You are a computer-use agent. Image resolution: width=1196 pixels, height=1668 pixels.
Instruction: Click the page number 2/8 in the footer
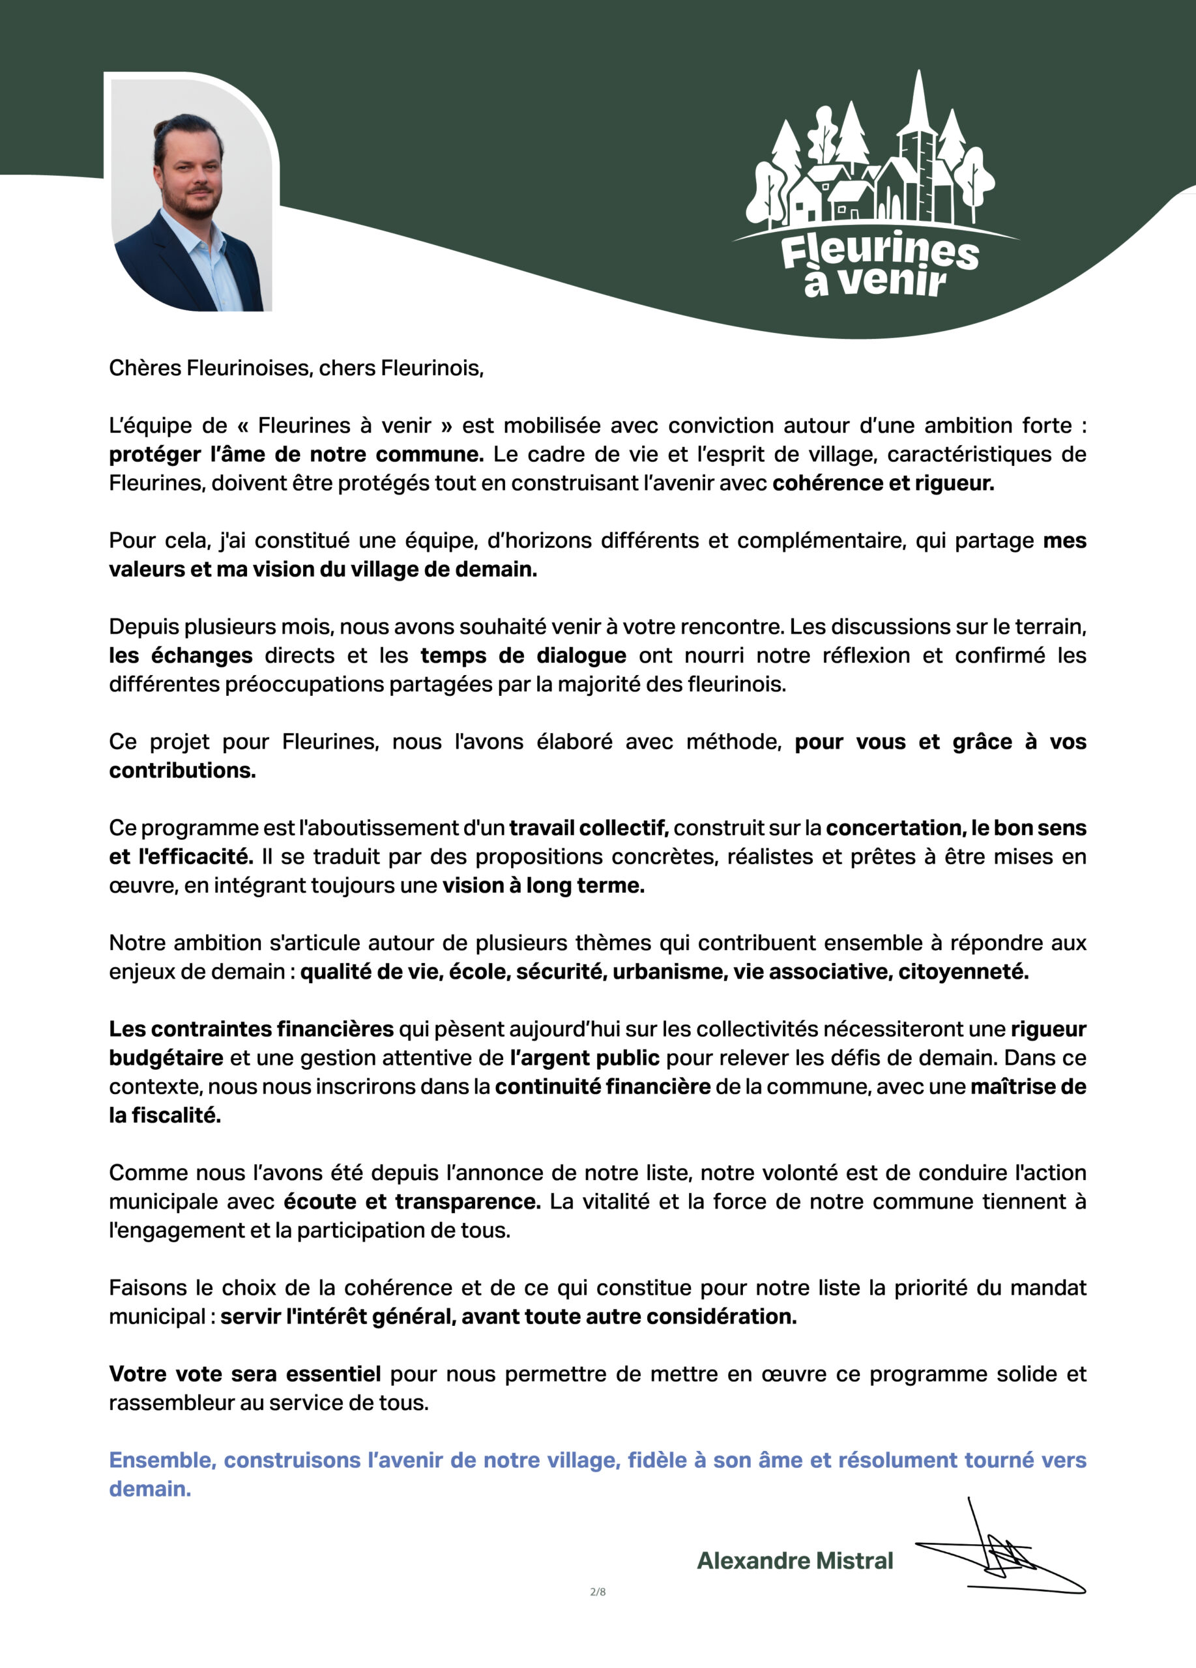[598, 1592]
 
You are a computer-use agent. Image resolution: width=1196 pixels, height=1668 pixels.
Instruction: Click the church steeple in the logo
[917, 110]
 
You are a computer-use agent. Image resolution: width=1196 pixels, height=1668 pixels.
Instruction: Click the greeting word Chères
[144, 367]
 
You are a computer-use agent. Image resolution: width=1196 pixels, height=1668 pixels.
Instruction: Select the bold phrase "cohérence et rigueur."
[882, 483]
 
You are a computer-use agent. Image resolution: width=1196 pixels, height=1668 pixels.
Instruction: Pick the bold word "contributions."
[182, 770]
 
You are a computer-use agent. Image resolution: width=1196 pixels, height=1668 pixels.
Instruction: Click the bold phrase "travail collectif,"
[589, 828]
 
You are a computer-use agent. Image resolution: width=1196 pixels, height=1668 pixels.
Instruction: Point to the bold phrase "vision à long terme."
[543, 885]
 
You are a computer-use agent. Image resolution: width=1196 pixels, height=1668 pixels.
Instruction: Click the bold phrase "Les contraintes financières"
[252, 1029]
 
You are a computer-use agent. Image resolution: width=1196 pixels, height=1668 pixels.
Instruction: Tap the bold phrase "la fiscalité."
[165, 1115]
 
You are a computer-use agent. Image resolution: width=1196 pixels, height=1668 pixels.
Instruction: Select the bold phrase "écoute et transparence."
[412, 1201]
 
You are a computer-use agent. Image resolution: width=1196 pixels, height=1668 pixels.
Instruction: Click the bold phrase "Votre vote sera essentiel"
[245, 1374]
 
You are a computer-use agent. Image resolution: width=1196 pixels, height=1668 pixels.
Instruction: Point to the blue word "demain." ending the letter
[150, 1489]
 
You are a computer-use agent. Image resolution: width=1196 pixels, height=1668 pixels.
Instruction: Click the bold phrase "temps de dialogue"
[523, 655]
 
